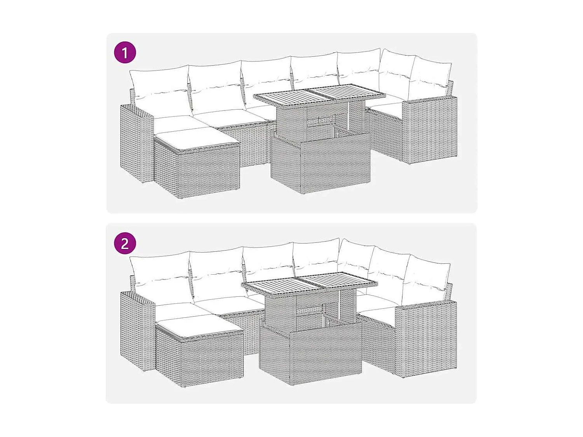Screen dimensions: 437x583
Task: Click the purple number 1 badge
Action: [125, 52]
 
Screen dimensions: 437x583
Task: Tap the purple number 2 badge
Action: [125, 244]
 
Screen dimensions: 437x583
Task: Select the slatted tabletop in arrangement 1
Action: [319, 95]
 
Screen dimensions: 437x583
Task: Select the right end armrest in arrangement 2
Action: [426, 338]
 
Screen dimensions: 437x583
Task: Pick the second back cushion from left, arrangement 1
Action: [216, 87]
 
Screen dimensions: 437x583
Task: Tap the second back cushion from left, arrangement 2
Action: [218, 274]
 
